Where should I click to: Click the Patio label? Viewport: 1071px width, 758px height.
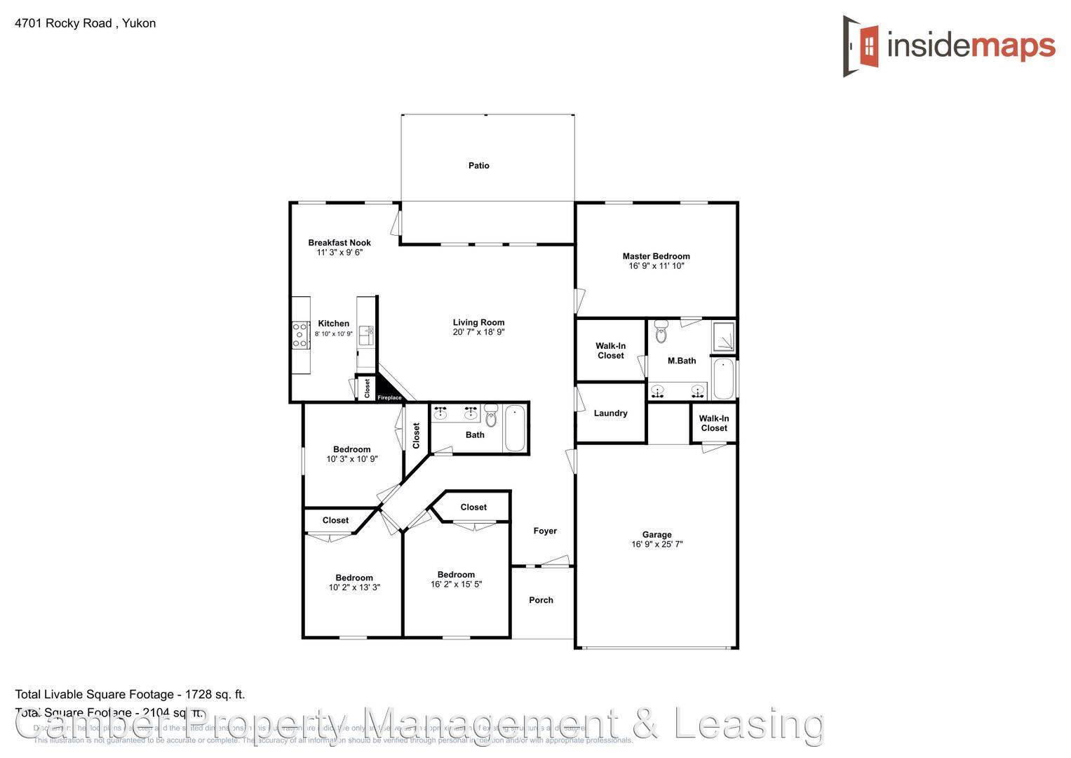pos(479,166)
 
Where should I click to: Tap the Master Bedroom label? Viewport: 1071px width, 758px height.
pos(656,256)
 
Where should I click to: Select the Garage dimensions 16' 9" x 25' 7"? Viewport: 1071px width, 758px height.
pos(656,545)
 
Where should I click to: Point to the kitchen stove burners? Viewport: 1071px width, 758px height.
pos(300,335)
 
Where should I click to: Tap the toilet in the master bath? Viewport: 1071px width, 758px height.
pos(661,331)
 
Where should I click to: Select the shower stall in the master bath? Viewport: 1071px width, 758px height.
pos(723,337)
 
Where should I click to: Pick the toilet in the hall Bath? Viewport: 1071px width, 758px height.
pos(491,416)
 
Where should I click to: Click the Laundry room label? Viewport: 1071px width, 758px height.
pos(610,413)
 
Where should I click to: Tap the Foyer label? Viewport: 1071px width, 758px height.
pos(545,531)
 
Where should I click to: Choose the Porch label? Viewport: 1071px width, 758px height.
pos(541,600)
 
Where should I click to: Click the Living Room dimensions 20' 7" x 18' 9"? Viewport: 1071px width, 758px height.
pos(478,333)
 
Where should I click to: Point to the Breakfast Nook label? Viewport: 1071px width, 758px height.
pos(339,243)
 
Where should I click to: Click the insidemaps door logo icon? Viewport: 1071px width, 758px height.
pos(861,46)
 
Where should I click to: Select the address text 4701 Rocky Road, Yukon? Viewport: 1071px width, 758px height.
pos(86,23)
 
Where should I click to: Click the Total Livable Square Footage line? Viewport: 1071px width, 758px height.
pos(130,695)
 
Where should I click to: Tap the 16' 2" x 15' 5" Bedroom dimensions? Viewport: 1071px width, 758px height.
pos(456,585)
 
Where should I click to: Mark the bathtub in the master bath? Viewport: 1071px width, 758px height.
pos(723,379)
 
